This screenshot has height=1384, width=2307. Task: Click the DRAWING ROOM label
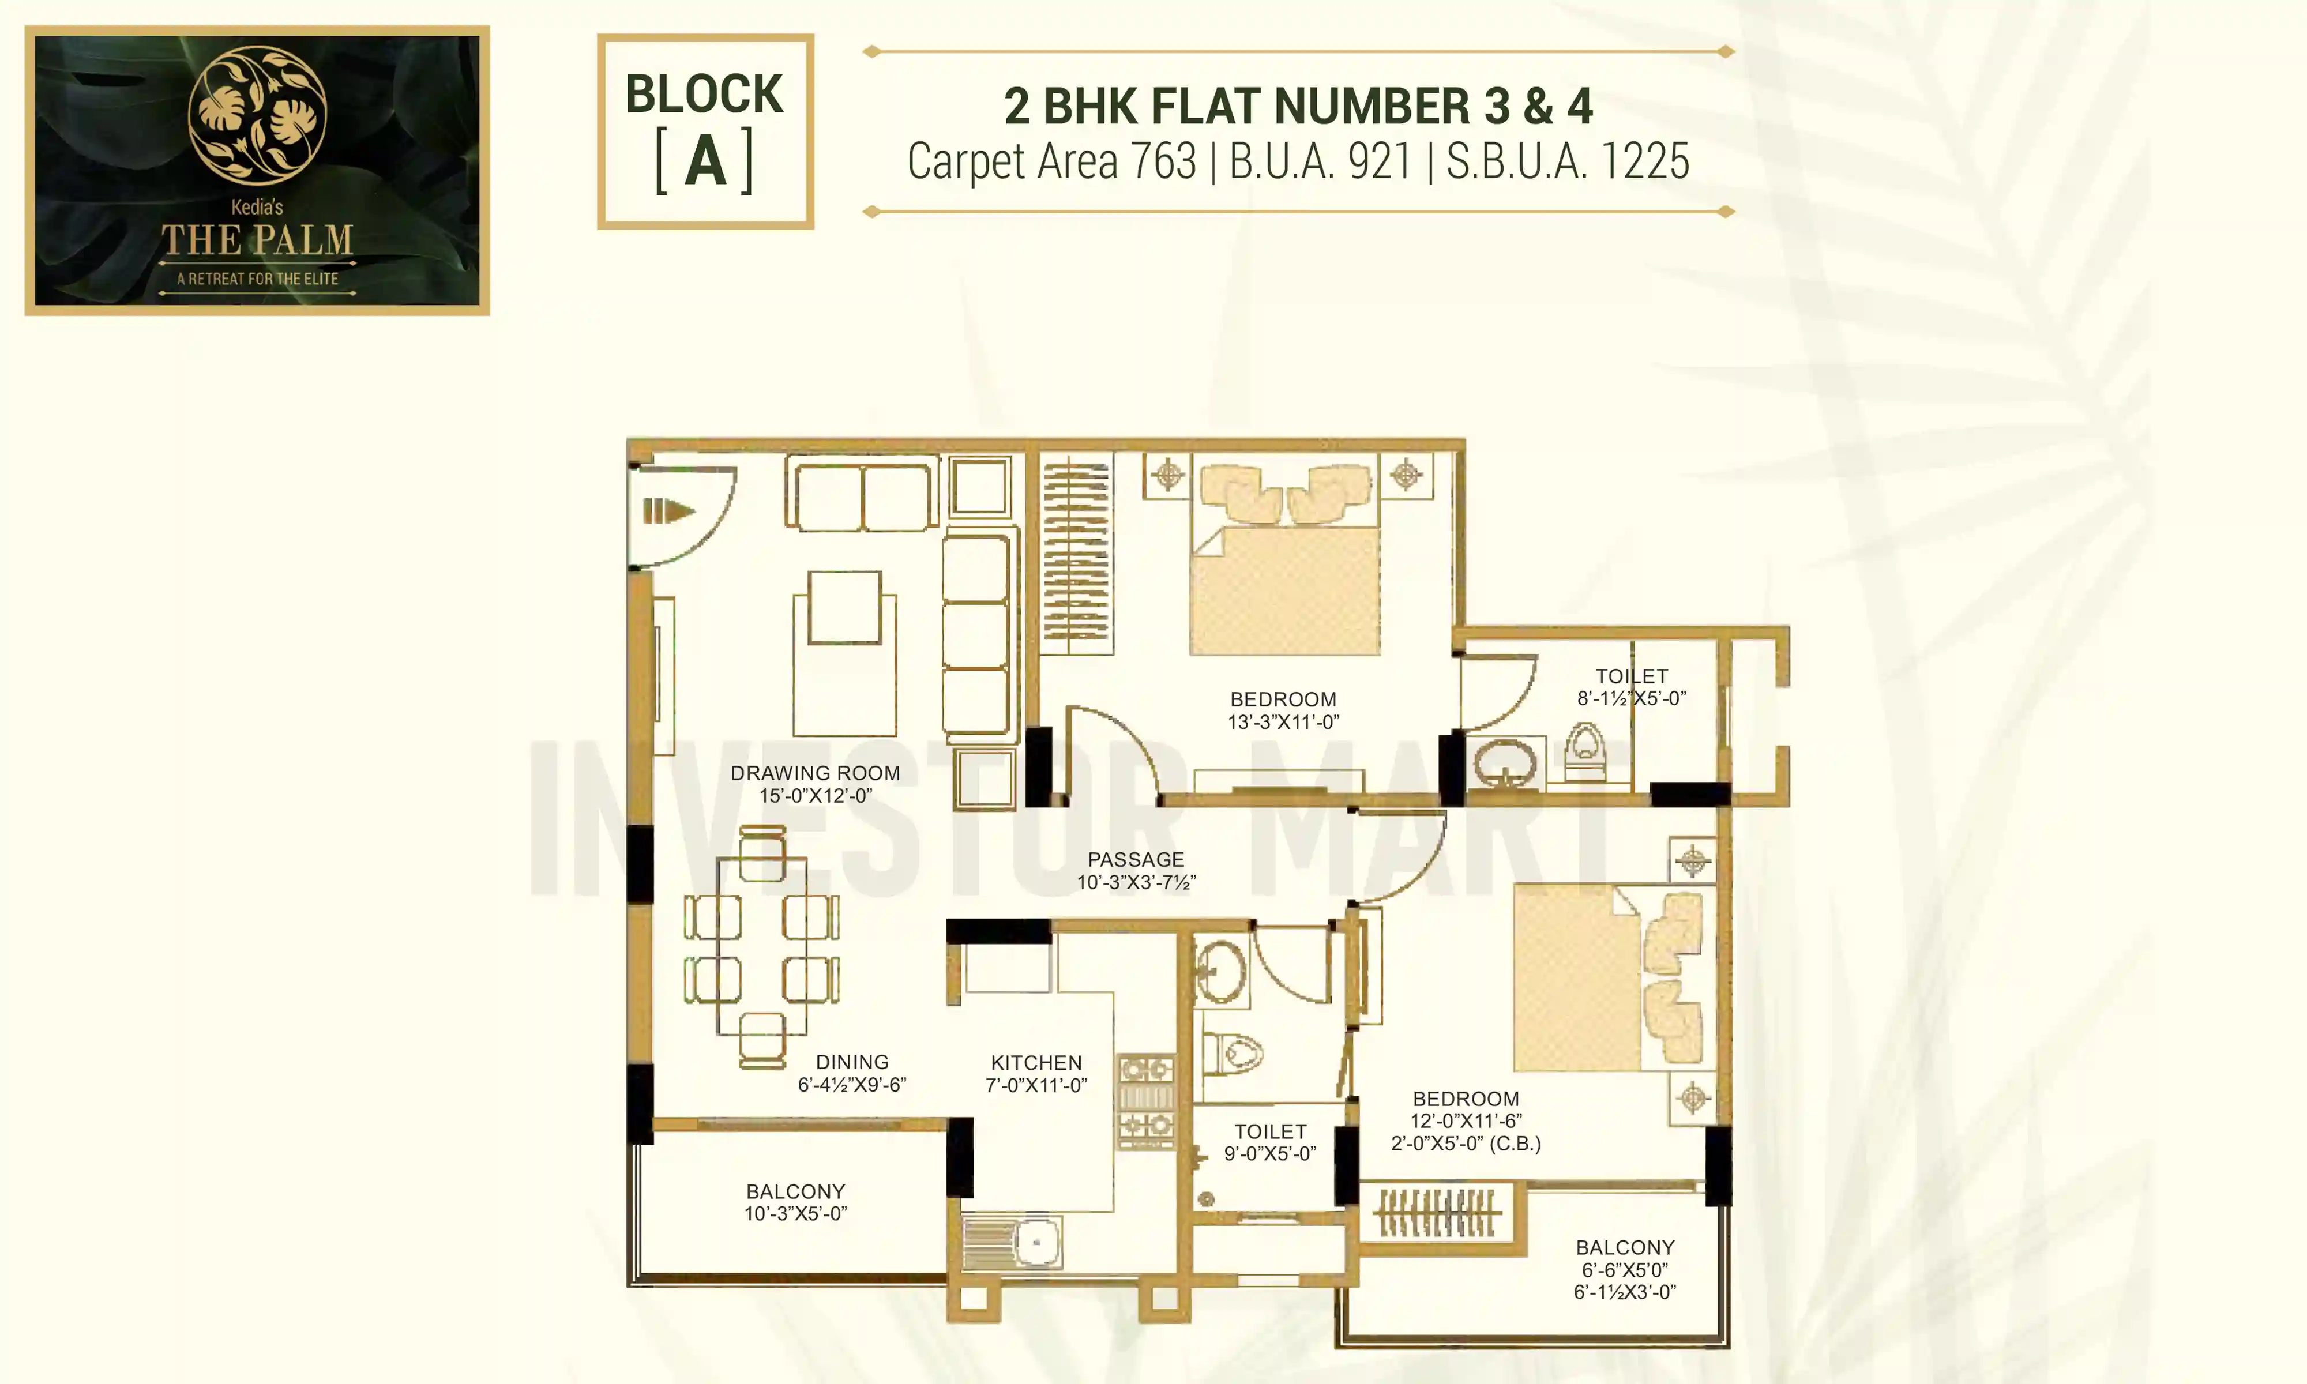click(815, 773)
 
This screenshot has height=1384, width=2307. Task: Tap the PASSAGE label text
click(1136, 860)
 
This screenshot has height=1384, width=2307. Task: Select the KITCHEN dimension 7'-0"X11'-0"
click(1036, 1085)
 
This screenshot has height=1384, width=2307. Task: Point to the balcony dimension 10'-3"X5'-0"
click(795, 1213)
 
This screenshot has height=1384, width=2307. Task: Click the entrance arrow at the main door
click(668, 511)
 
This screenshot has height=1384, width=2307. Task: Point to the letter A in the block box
click(705, 162)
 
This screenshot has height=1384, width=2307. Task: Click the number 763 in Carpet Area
click(1163, 161)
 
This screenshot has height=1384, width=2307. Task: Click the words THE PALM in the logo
click(257, 240)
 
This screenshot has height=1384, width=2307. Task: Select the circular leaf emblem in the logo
click(257, 115)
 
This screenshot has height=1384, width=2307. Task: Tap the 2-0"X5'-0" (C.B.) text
click(1466, 1144)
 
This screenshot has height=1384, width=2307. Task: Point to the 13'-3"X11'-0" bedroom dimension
click(1283, 722)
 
